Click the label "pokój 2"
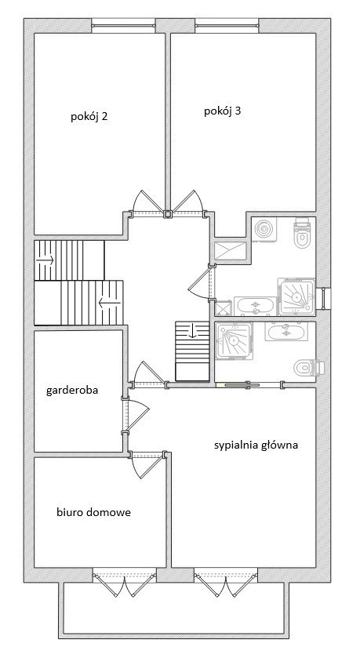[89, 117]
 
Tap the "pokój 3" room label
[223, 111]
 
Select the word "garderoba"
[72, 391]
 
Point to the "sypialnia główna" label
[256, 445]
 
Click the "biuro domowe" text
[93, 512]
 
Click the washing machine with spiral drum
[266, 230]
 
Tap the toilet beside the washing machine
[303, 233]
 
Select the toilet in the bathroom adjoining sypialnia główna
[308, 368]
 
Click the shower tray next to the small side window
[296, 296]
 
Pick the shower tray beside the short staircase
[234, 340]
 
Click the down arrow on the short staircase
[192, 331]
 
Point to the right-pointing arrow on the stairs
[45, 260]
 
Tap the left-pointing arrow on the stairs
[109, 302]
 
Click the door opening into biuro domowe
[147, 466]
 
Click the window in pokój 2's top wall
[124, 26]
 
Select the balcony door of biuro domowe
[124, 582]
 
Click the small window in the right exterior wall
[324, 298]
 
